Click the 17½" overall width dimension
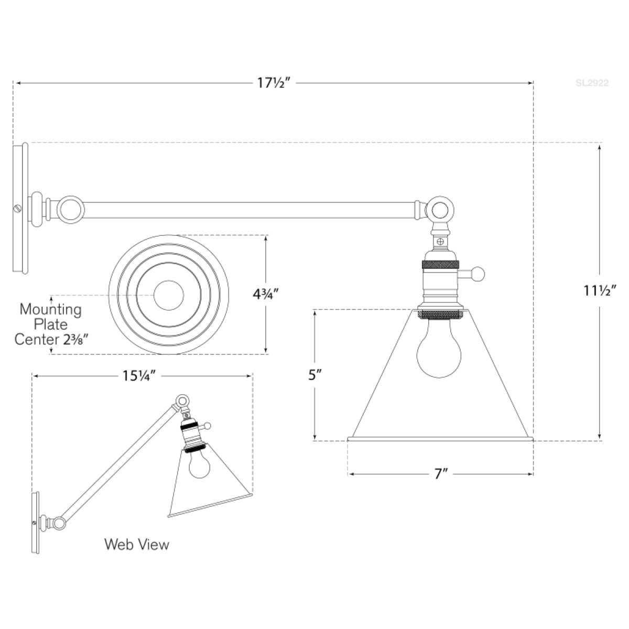[274, 83]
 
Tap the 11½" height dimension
[599, 289]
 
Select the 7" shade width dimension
[441, 474]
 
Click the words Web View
[137, 544]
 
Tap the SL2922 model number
[592, 83]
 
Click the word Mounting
[51, 309]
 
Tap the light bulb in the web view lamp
[199, 463]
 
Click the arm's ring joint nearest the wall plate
[70, 209]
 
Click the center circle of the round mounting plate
[168, 295]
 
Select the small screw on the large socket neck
[441, 242]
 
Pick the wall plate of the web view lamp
[36, 522]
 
